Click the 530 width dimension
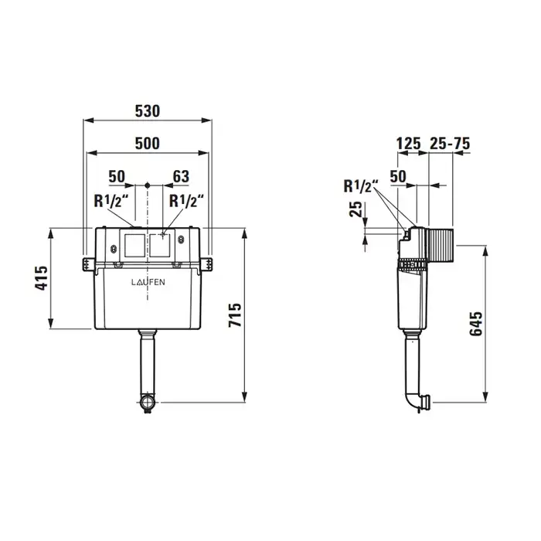[x=148, y=111]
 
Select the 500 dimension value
[x=148, y=144]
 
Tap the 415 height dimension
[x=43, y=278]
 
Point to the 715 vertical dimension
[x=235, y=315]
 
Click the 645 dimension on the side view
[x=476, y=323]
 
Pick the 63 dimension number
[x=181, y=177]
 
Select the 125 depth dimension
[x=409, y=144]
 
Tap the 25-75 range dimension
[x=450, y=144]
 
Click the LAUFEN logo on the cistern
[x=148, y=282]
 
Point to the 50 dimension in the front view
[x=117, y=177]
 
